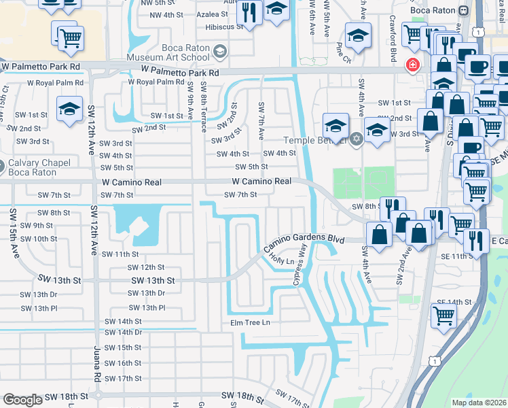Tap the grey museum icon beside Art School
click(219, 51)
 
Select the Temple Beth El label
click(316, 140)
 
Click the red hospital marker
click(412, 66)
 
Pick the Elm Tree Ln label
click(250, 322)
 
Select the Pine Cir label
click(341, 50)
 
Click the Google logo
click(22, 400)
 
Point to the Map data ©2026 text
click(479, 403)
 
